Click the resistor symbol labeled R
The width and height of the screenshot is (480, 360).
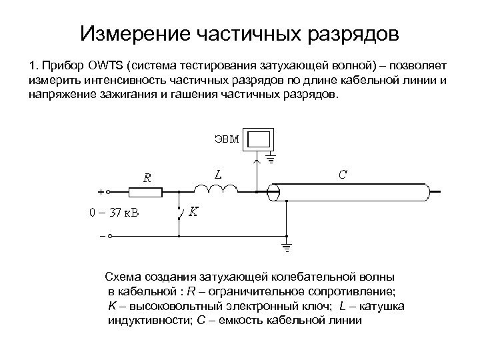(145, 192)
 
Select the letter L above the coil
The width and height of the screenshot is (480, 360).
(218, 174)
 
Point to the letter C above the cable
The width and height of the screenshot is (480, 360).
(342, 174)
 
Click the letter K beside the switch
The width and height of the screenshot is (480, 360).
(193, 211)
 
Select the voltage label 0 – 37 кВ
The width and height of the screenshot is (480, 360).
(114, 213)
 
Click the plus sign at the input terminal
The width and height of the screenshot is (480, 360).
(101, 192)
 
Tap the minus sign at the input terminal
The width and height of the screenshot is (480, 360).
(101, 235)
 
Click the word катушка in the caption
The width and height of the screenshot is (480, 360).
(377, 305)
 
